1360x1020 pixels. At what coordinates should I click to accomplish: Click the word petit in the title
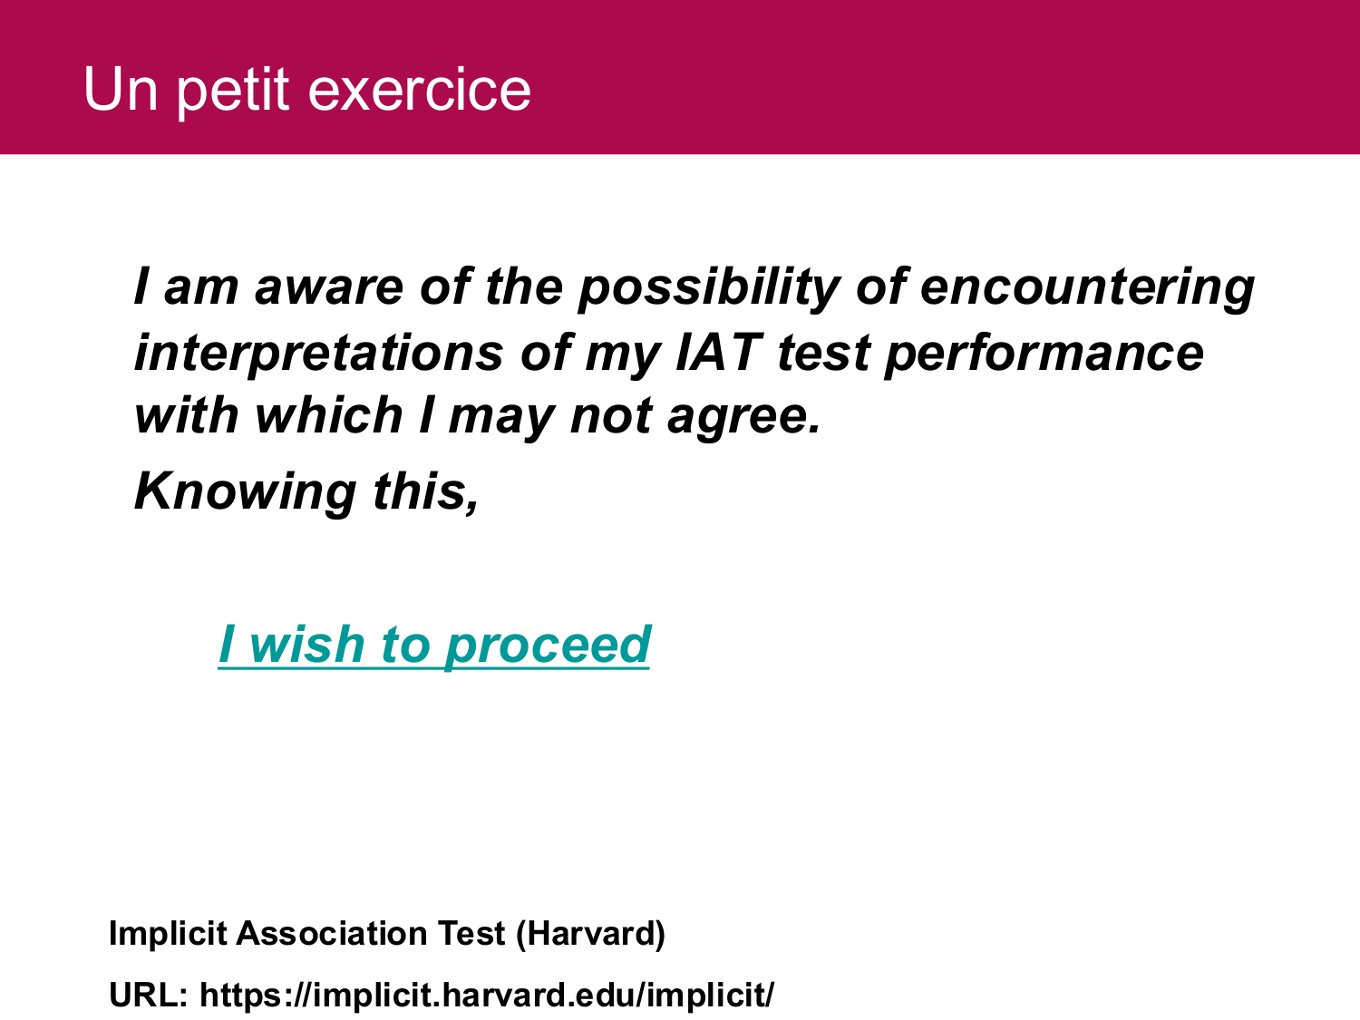coord(233,92)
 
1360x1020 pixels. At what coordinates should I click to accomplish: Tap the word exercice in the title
coord(420,91)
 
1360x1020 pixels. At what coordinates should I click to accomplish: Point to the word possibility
coord(709,288)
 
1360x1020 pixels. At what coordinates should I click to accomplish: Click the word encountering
coord(1088,288)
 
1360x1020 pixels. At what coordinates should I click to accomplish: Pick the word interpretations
coord(319,355)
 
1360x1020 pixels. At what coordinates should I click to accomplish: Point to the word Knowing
coord(246,492)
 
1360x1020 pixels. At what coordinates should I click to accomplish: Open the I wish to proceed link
coord(434,646)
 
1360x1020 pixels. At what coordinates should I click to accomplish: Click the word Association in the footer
coord(332,933)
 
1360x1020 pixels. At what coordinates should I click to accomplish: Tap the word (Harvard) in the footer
coord(590,934)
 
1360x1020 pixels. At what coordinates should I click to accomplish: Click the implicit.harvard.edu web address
coord(486,996)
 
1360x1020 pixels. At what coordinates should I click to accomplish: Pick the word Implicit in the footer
coord(168,935)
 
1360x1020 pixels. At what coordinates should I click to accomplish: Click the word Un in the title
coord(121,91)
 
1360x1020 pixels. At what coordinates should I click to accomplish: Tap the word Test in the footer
coord(471,933)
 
